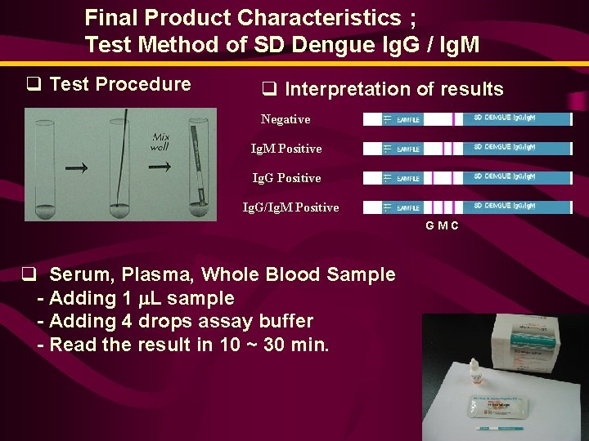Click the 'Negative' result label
286,119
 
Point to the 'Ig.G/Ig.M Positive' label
290,207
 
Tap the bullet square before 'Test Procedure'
34,84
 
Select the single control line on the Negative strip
454,119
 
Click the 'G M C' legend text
442,225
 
